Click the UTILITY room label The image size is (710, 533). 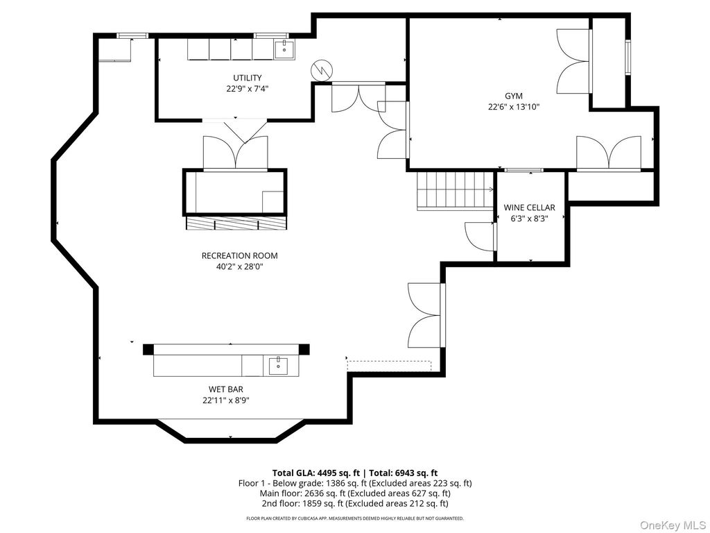248,78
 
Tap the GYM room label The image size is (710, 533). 514,96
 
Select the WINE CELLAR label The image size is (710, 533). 529,208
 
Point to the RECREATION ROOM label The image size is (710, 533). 239,255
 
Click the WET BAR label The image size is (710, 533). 226,389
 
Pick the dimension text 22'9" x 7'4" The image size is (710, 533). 248,89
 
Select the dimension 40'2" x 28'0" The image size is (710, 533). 239,267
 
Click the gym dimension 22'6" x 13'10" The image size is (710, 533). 514,107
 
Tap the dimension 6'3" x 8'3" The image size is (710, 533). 529,219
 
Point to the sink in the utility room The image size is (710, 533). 284,49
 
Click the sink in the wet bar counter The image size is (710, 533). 278,365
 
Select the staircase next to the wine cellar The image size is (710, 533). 455,190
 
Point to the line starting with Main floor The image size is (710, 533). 355,493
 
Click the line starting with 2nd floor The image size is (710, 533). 355,504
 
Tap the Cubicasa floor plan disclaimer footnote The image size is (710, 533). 355,518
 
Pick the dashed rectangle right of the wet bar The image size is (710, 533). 389,365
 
